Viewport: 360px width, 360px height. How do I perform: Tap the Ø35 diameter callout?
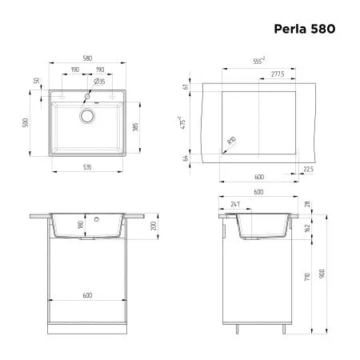pyautogui.click(x=100, y=81)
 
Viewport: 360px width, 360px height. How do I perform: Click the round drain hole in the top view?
pyautogui.click(x=86, y=115)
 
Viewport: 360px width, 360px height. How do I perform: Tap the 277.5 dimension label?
pyautogui.click(x=277, y=74)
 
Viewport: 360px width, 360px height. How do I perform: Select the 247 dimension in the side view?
pyautogui.click(x=234, y=206)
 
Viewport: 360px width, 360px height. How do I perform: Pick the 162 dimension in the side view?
pyautogui.click(x=309, y=229)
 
